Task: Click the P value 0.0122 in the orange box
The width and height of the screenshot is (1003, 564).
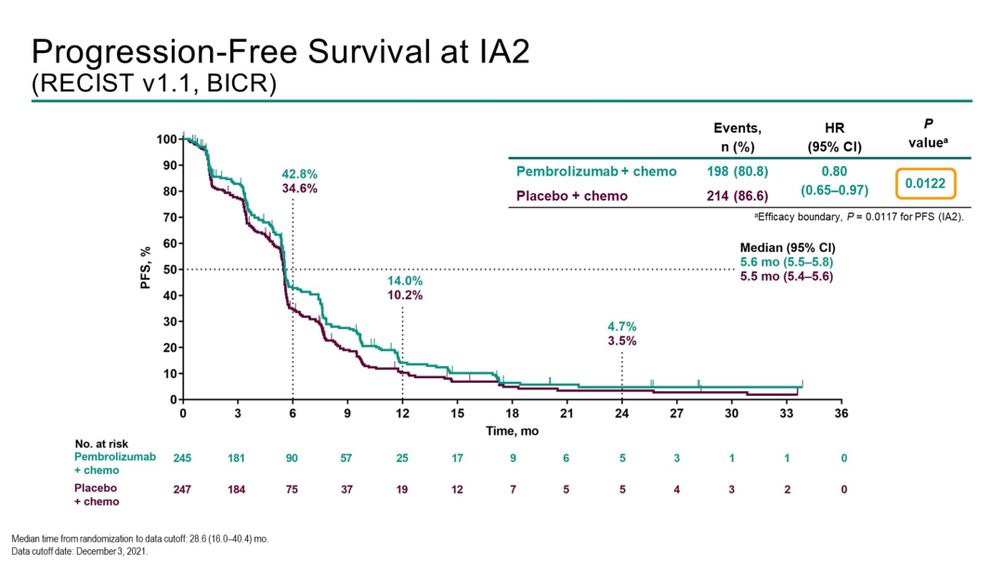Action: click(x=925, y=184)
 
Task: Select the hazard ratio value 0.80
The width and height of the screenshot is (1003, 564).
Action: click(x=833, y=172)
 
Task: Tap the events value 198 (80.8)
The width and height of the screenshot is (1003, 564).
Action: click(x=736, y=172)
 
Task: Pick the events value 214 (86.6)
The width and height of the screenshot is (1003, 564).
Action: click(x=736, y=196)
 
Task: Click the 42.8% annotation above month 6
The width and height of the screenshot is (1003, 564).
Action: click(x=299, y=174)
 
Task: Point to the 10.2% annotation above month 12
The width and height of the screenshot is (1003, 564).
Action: click(x=406, y=295)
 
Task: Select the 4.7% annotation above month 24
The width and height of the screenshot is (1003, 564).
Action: click(x=621, y=326)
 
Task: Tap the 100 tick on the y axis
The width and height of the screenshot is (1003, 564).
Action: click(x=165, y=139)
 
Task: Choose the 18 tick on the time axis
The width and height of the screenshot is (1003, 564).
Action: click(x=512, y=413)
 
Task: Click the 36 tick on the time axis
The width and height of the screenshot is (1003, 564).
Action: click(x=840, y=413)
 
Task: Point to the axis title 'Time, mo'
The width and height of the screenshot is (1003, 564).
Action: click(x=513, y=431)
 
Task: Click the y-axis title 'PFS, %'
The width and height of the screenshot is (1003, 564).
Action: click(x=145, y=269)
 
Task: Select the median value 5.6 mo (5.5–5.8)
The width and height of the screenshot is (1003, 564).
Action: click(x=786, y=263)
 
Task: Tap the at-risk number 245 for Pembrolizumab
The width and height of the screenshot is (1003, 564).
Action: click(x=183, y=458)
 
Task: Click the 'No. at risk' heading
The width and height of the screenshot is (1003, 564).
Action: click(x=103, y=442)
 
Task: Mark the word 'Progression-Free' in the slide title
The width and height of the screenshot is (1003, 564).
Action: click(x=150, y=50)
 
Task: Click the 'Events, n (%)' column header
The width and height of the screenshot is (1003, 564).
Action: click(x=736, y=137)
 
